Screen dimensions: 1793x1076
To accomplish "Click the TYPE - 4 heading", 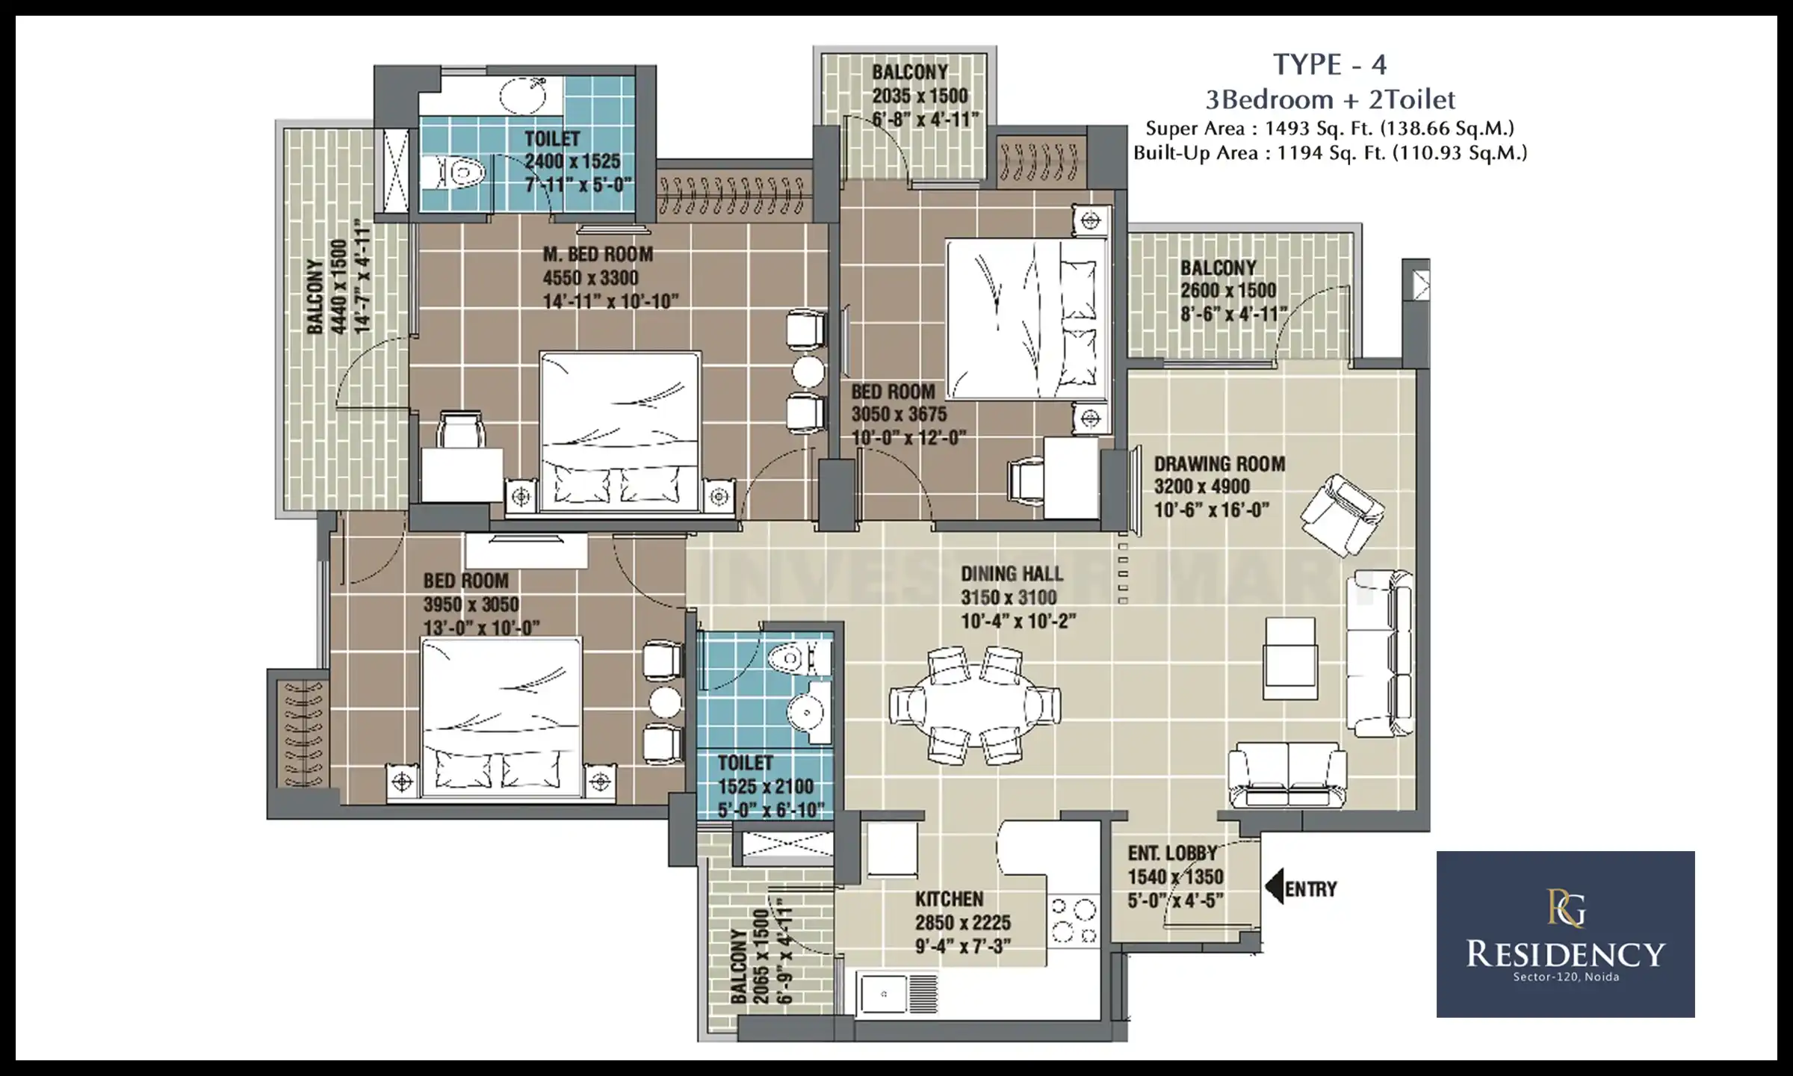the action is tap(1330, 65).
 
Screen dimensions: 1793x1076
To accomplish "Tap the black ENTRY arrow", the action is tap(1275, 886).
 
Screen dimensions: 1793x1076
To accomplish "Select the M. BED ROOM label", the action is tap(598, 254).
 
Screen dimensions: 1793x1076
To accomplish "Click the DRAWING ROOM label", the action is tap(1219, 463).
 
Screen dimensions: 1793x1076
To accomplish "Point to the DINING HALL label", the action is tap(1012, 574).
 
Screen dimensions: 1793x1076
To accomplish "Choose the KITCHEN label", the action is tap(949, 898).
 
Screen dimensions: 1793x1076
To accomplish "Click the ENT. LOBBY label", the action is tap(1172, 853).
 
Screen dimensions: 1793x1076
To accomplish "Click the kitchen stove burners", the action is tap(1073, 921).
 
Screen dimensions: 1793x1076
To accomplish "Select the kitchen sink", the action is tap(884, 994).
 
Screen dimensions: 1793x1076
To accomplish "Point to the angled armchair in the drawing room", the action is tap(1342, 515).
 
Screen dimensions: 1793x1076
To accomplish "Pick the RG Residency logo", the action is tap(1565, 934).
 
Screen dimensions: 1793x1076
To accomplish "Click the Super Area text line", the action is tap(1330, 128).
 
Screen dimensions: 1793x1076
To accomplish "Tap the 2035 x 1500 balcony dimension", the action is tap(920, 96).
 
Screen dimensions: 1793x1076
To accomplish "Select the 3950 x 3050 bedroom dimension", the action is tap(471, 604).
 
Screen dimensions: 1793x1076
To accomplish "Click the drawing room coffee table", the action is tap(1289, 658).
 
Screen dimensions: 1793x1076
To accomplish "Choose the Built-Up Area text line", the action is tap(1330, 153).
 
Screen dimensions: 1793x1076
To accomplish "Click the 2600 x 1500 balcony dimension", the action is tap(1228, 291).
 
